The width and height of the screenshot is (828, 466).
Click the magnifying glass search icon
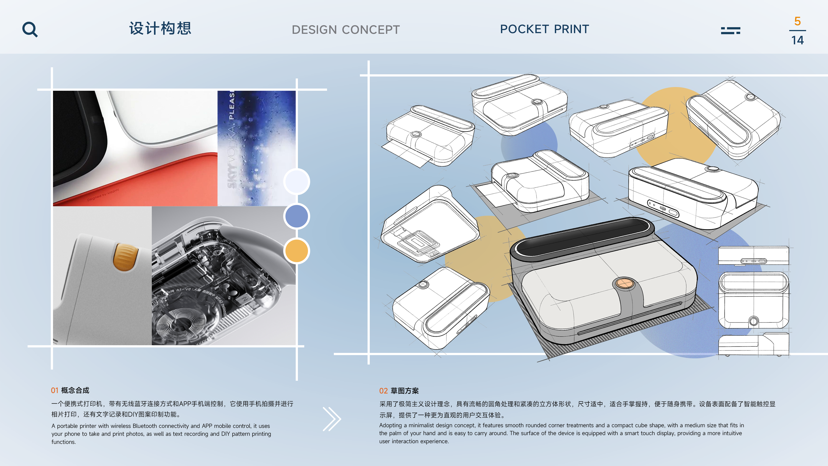(30, 30)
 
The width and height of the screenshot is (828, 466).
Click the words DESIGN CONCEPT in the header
(345, 30)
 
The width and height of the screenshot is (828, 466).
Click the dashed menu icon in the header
(730, 30)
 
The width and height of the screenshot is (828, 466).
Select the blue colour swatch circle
(296, 216)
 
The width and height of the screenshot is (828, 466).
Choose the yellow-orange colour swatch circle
(296, 251)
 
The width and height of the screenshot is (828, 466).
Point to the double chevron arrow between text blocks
(332, 419)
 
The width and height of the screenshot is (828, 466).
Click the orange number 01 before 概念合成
(55, 390)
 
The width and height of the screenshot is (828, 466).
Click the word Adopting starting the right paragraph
(390, 425)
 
